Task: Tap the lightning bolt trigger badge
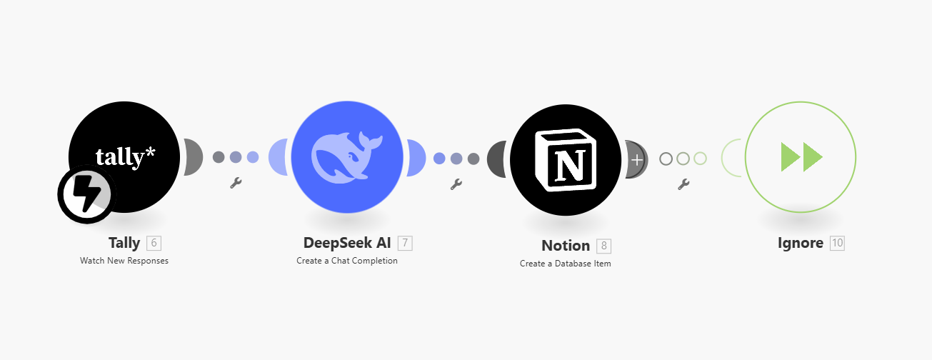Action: (87, 194)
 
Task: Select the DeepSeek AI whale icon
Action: (347, 157)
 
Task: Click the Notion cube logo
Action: (566, 160)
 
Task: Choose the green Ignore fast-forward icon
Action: (802, 157)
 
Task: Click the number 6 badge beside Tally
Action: (154, 243)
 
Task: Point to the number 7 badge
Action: (405, 243)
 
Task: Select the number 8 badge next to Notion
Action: (603, 246)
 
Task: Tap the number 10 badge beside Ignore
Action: (837, 243)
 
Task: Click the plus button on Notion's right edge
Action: (636, 160)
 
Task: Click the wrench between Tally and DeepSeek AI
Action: (236, 183)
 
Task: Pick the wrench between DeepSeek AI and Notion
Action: (456, 184)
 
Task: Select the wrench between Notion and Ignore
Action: (683, 184)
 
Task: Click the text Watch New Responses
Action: (124, 261)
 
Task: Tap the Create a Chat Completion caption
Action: (347, 261)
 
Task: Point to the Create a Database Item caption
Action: (566, 264)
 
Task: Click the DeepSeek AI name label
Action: (347, 243)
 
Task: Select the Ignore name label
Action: (801, 243)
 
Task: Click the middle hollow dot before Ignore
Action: (683, 159)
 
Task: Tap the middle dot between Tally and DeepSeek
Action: (236, 157)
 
